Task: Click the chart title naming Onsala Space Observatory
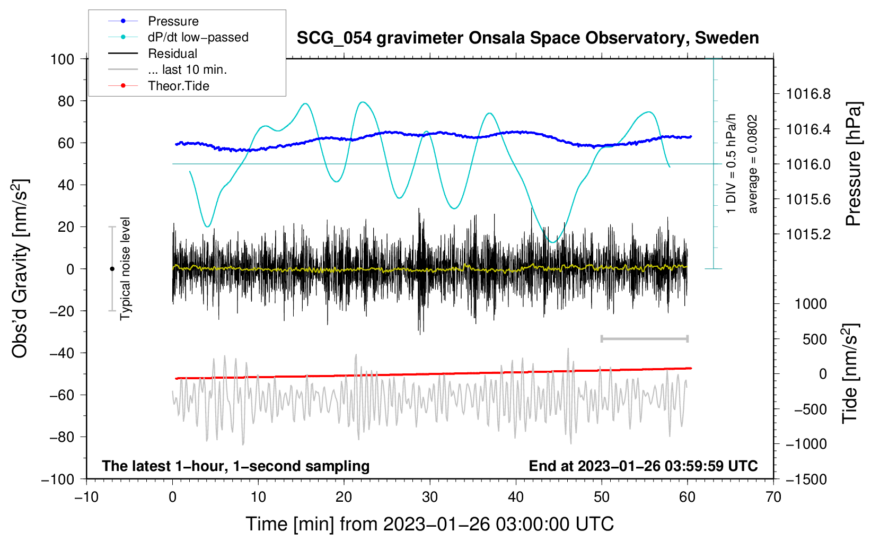(527, 38)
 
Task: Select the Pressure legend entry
(173, 21)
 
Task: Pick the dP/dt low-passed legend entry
(198, 37)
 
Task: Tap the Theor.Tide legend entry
(178, 86)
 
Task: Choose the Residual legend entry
(172, 54)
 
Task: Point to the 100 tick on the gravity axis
(62, 59)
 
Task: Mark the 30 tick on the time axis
(430, 497)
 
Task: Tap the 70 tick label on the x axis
(773, 497)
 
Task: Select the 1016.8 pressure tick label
(808, 94)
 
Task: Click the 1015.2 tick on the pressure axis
(808, 234)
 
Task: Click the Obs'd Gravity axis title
(20, 269)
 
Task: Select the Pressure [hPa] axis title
(853, 164)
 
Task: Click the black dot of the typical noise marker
(112, 269)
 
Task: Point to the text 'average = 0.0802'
(753, 164)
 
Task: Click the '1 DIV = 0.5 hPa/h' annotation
(732, 163)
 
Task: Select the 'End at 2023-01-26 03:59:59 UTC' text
(643, 466)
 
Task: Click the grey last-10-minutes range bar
(644, 338)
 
